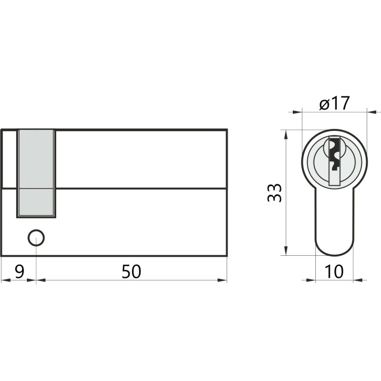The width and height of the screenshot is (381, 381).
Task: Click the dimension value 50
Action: point(131,271)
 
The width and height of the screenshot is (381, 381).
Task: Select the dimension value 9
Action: point(20,271)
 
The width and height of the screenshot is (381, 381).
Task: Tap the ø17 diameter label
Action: point(335,103)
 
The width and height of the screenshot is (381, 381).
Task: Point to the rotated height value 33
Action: point(275,193)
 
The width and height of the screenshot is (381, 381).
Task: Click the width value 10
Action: point(334,271)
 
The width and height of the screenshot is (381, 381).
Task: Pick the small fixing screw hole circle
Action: point(36,238)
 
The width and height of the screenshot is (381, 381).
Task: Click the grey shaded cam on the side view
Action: point(36,173)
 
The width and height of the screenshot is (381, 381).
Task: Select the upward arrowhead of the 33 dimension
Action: point(286,135)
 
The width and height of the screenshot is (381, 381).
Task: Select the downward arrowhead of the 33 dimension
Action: point(286,251)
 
